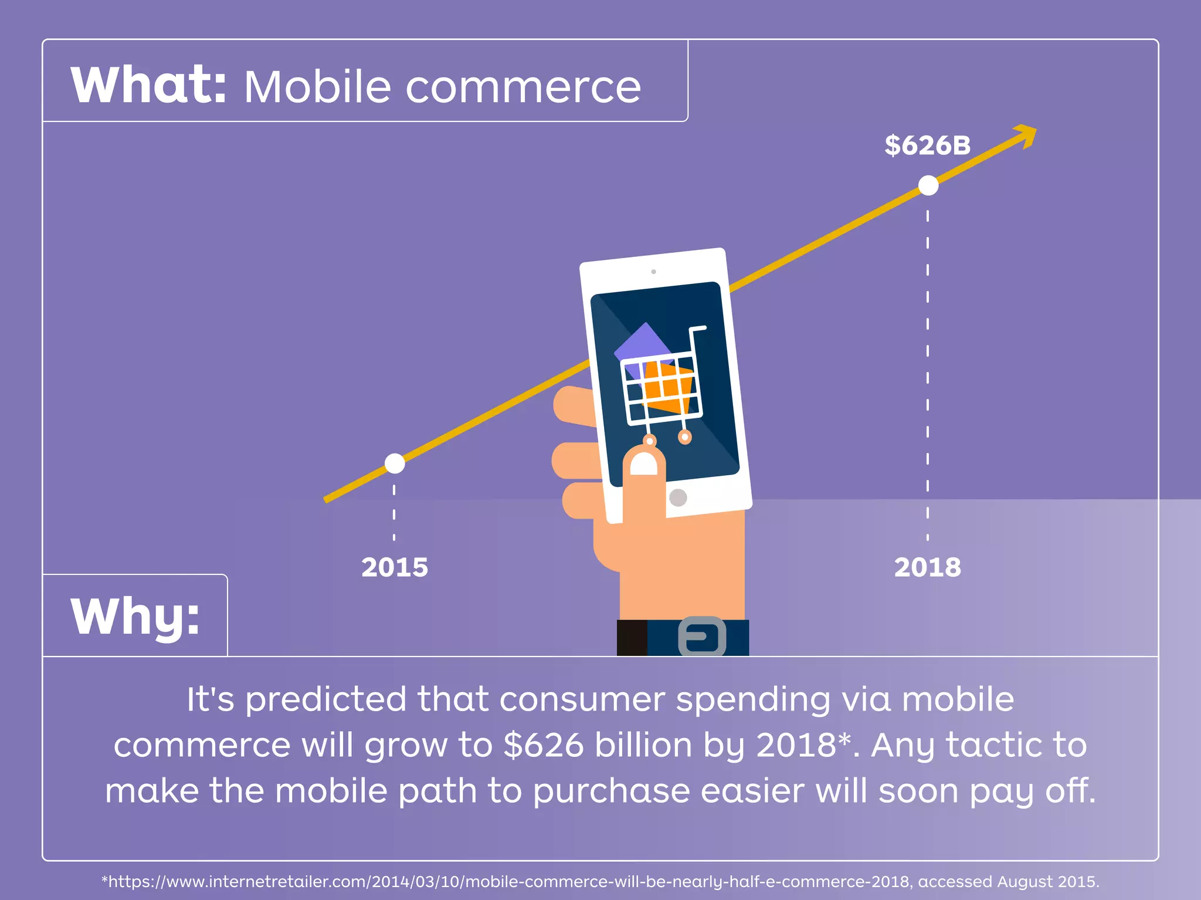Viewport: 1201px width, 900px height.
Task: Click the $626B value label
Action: [927, 145]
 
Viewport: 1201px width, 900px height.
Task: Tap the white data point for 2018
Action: [928, 185]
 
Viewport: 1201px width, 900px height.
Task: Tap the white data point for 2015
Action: [394, 463]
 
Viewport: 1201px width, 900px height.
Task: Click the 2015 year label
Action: [394, 567]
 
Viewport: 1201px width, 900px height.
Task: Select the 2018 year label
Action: [927, 567]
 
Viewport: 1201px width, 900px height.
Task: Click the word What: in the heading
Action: [148, 86]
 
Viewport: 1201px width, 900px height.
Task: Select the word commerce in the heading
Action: [523, 88]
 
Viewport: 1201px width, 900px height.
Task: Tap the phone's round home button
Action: [678, 498]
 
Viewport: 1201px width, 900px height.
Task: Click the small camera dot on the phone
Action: [653, 272]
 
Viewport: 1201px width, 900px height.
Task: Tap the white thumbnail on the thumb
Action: [643, 466]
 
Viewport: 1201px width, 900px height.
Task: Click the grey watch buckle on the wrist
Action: [702, 637]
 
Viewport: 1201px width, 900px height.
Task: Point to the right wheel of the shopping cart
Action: [685, 437]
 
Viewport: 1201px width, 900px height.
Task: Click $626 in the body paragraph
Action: [543, 745]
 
